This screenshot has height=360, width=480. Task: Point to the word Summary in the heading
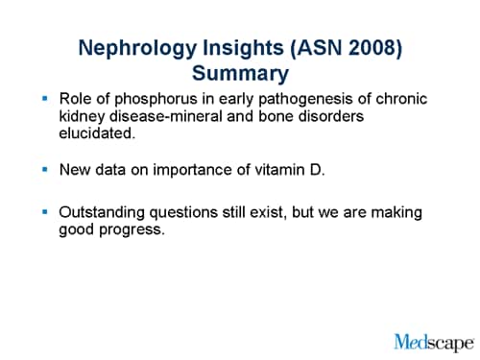(x=240, y=73)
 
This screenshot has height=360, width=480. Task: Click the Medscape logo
(x=434, y=341)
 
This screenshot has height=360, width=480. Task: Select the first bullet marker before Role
(x=44, y=99)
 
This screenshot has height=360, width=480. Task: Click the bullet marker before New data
(x=44, y=169)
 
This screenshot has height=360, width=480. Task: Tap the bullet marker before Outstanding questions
(x=44, y=211)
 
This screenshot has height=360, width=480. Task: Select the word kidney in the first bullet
(x=82, y=117)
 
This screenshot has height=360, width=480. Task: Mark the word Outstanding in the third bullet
(x=102, y=212)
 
